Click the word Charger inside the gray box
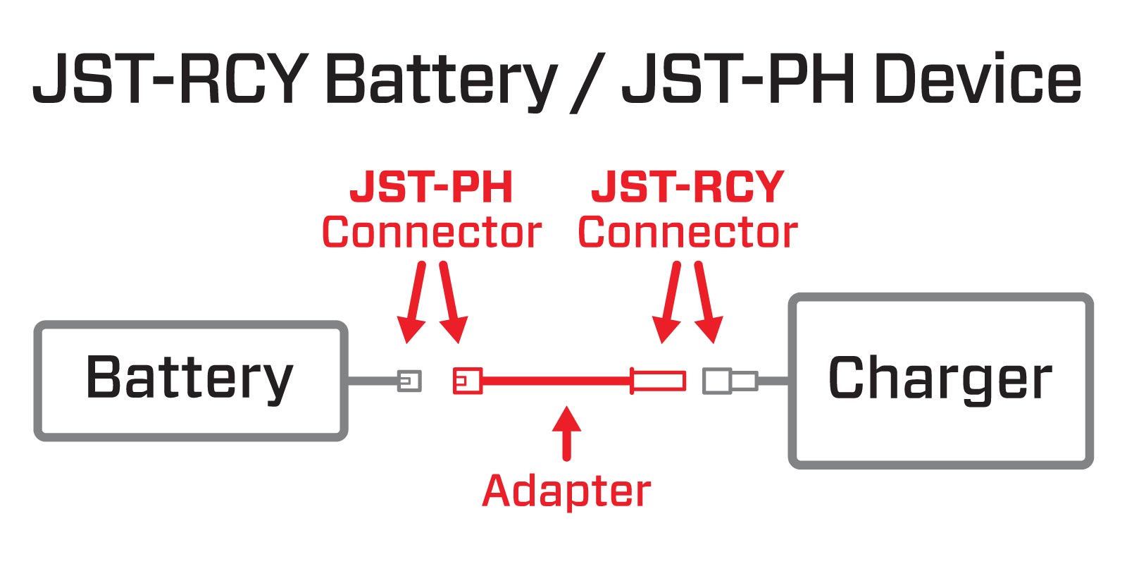940,379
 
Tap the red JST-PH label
431,188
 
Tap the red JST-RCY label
687,188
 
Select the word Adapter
566,491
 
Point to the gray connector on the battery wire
409,381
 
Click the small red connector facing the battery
467,381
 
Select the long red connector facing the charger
658,381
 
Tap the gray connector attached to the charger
730,381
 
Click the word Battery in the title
440,79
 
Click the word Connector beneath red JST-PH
431,233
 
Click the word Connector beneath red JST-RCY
687,233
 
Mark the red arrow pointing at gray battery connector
414,303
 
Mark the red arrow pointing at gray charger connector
706,303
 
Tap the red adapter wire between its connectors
556,381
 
